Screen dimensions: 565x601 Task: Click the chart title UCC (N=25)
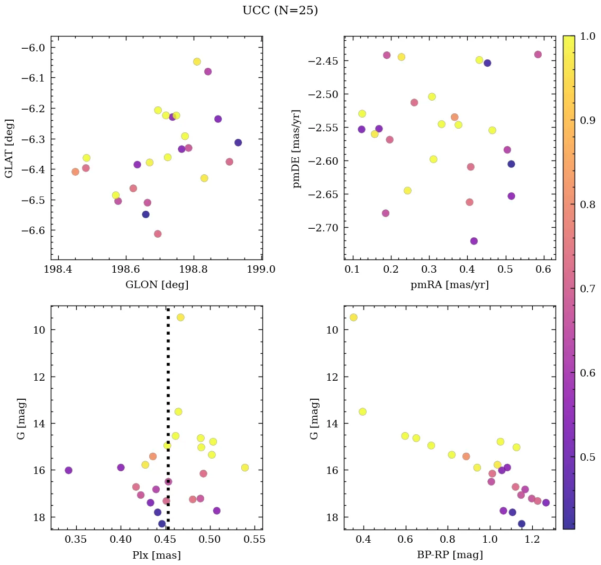pyautogui.click(x=280, y=11)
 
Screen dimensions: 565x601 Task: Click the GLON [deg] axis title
pyautogui.click(x=157, y=285)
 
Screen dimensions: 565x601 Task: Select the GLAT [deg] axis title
pyautogui.click(x=10, y=148)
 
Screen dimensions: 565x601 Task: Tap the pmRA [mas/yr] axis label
pyautogui.click(x=449, y=285)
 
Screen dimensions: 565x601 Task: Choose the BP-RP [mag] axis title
pyautogui.click(x=449, y=555)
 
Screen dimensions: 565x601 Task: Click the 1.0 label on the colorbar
pyautogui.click(x=588, y=36)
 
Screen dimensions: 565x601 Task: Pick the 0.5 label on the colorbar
pyautogui.click(x=588, y=456)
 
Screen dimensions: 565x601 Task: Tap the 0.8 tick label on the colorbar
pyautogui.click(x=588, y=204)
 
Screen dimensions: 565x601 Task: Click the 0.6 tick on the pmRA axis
pyautogui.click(x=544, y=270)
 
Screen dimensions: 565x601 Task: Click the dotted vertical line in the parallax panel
pyautogui.click(x=168, y=371)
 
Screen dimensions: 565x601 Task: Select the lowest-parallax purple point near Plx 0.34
pyautogui.click(x=68, y=470)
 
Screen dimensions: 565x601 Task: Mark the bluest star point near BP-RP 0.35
pyautogui.click(x=353, y=317)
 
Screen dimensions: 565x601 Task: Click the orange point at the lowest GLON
pyautogui.click(x=75, y=172)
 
